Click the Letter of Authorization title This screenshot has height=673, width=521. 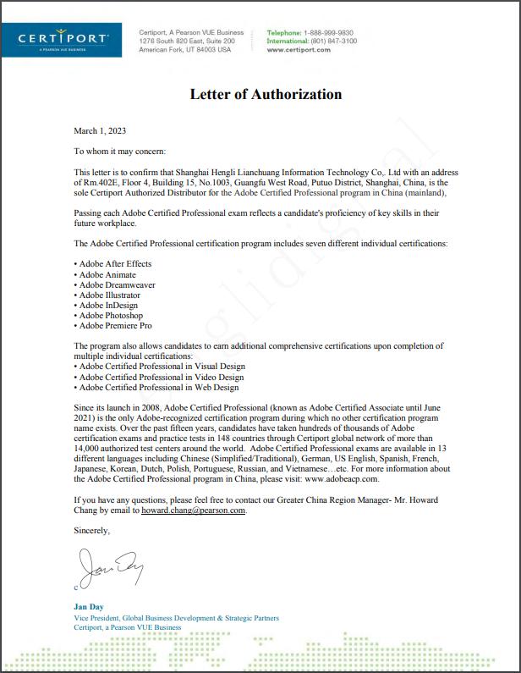(x=266, y=94)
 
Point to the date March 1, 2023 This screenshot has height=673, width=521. (x=100, y=130)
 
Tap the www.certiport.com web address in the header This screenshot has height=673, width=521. (x=299, y=50)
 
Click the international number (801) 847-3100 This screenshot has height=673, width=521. (x=335, y=41)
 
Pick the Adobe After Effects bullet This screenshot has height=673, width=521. (x=114, y=264)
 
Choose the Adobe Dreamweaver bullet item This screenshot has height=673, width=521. (x=116, y=284)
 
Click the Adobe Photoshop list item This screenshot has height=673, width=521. (x=111, y=316)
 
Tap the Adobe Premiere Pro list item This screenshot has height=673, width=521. (x=114, y=326)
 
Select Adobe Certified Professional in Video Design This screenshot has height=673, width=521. (x=160, y=377)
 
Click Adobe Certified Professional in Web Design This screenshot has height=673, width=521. (x=157, y=387)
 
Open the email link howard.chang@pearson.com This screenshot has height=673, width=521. (x=194, y=510)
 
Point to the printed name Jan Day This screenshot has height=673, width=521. (x=88, y=608)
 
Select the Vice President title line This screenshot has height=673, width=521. (x=176, y=618)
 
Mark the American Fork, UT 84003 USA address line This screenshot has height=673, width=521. (x=184, y=50)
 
